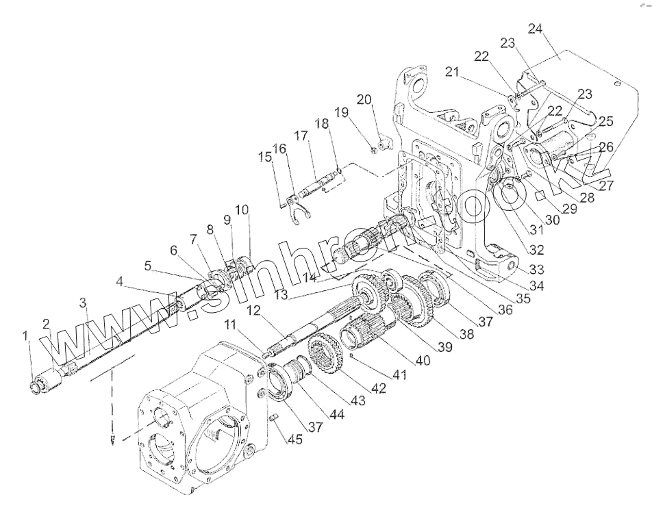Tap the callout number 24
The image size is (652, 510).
click(536, 29)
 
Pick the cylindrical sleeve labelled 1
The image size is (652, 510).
click(45, 382)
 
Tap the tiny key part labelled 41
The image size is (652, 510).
click(351, 357)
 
